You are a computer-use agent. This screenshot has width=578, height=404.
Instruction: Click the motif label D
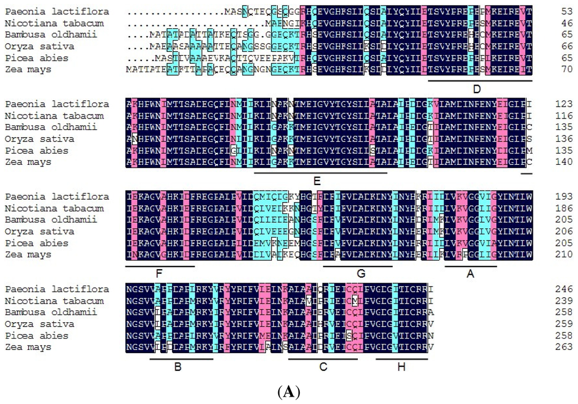point(476,89)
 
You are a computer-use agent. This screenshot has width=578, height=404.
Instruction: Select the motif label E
point(317,181)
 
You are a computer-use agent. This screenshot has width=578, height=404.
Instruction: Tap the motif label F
point(159,274)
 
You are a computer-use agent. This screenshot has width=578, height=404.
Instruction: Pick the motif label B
point(178,367)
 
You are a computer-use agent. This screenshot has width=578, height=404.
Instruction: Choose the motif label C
point(323,367)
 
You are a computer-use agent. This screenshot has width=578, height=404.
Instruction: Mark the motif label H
point(401,367)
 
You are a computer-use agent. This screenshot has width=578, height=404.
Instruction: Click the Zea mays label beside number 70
point(28,69)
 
